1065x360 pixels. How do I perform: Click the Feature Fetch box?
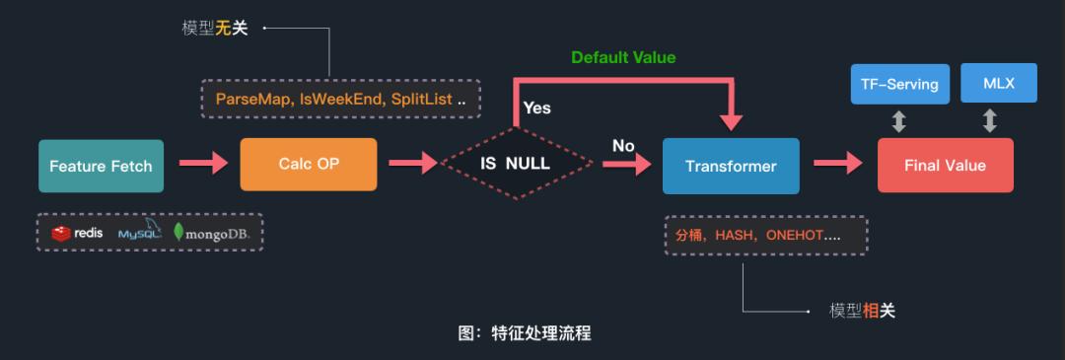[x=101, y=166]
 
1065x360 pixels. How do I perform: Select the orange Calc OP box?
[x=308, y=164]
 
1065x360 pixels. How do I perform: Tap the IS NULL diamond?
[x=515, y=165]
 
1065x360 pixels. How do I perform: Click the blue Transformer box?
[x=731, y=166]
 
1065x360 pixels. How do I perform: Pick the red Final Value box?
[x=945, y=166]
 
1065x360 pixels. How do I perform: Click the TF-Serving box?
[x=899, y=84]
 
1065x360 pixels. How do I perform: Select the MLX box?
[x=998, y=84]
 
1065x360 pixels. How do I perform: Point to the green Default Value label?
[x=623, y=57]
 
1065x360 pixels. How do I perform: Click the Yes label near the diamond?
[x=537, y=108]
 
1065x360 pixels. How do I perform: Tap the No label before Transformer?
[x=623, y=146]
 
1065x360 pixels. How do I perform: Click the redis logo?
[x=78, y=233]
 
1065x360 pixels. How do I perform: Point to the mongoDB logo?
[x=211, y=233]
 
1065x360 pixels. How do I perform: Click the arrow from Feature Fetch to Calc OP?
[x=203, y=165]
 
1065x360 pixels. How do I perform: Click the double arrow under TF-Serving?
[x=898, y=121]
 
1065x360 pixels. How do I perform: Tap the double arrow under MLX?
[x=989, y=121]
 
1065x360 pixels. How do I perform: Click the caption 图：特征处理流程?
[x=525, y=333]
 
